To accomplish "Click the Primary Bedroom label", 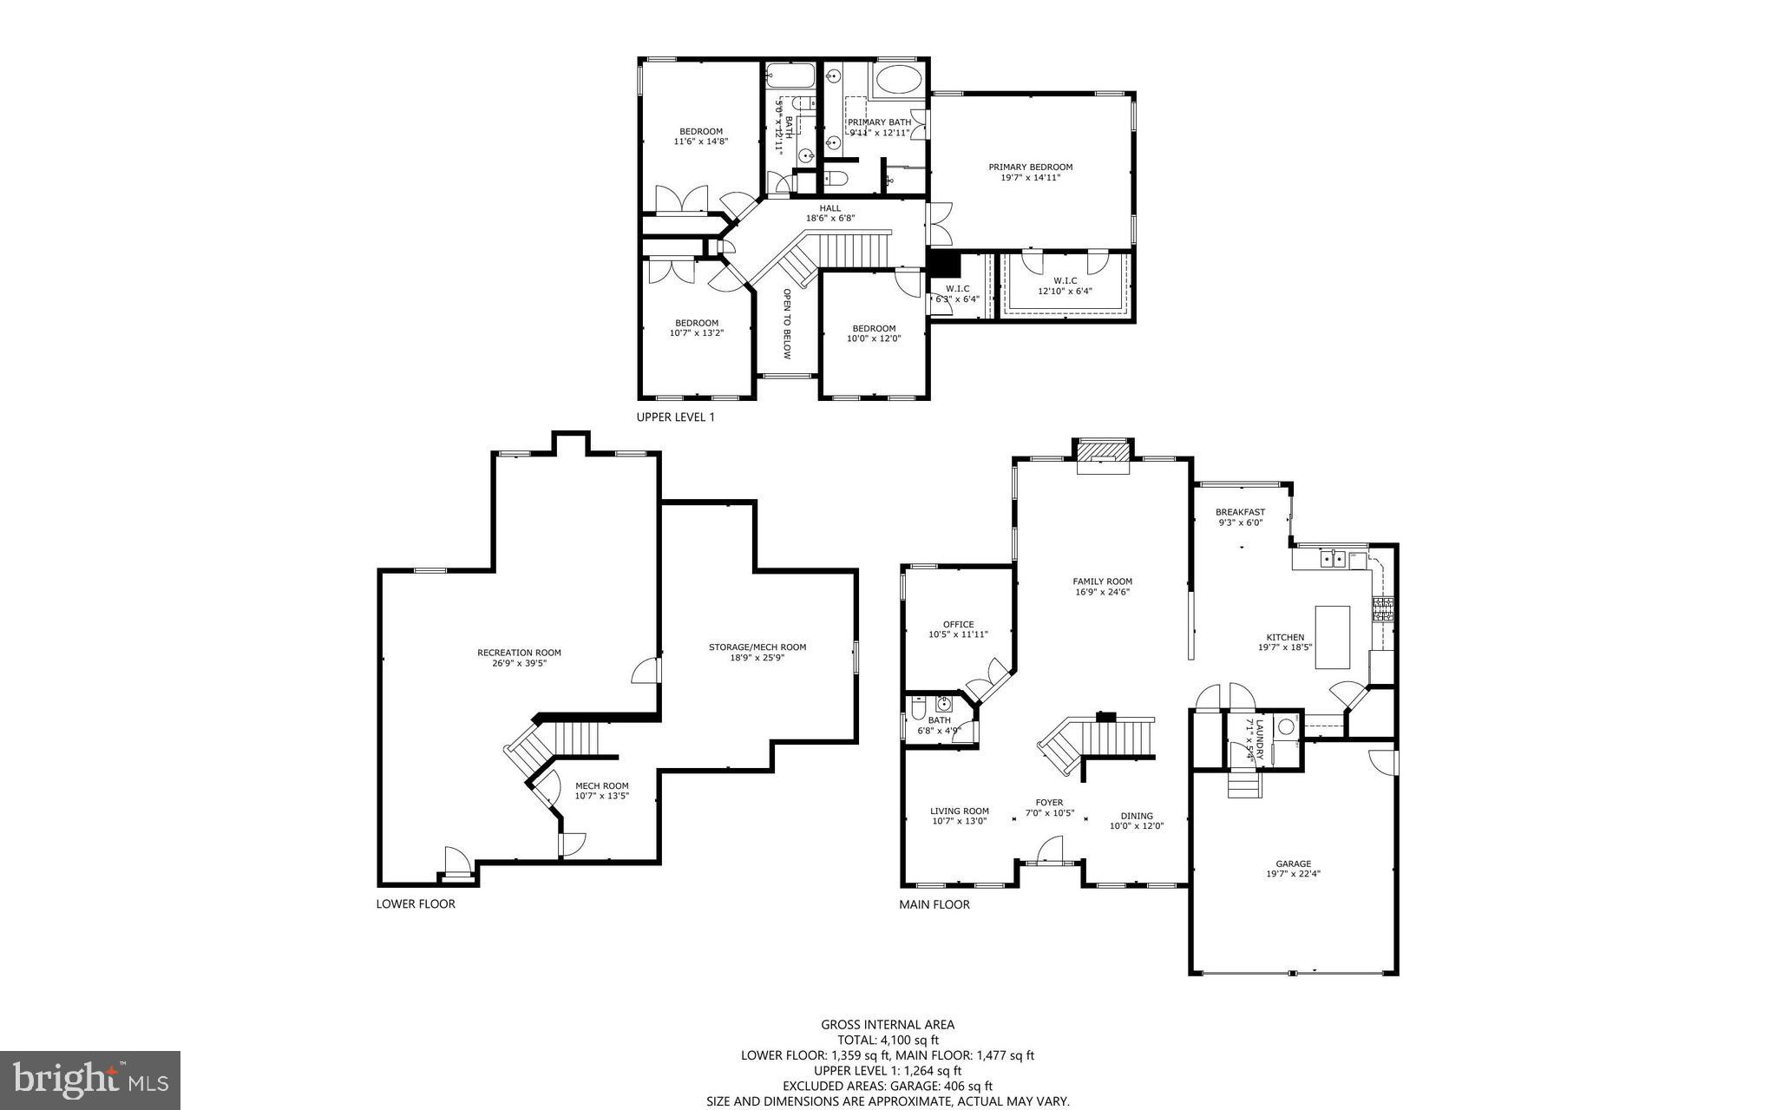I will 1030,167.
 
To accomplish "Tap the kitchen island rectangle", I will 1333,637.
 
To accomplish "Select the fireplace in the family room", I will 1104,456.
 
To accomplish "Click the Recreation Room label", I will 519,653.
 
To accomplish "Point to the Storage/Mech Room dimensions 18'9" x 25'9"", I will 757,658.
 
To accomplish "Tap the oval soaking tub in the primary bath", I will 900,81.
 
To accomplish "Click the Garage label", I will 1293,864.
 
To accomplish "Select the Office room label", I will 958,624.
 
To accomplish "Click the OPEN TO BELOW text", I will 787,324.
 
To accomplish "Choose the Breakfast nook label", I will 1240,512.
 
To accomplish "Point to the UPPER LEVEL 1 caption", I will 675,417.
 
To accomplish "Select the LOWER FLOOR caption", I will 415,903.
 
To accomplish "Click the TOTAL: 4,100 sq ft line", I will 888,1040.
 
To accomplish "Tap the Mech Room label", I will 601,785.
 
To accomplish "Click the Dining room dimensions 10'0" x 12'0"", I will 1136,826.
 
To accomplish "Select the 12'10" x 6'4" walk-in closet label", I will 1065,291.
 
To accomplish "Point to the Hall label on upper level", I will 829,208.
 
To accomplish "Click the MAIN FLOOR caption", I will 934,904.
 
